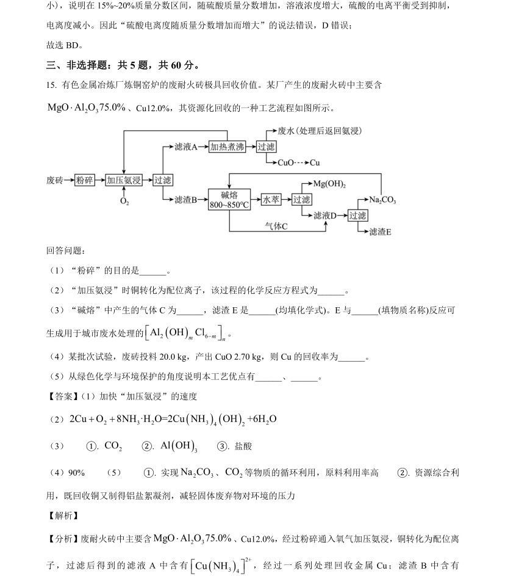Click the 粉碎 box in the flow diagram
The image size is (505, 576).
tap(85, 180)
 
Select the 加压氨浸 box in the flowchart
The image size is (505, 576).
tap(124, 180)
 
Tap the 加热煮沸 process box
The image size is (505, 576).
tap(227, 147)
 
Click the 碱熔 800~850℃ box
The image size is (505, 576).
tap(229, 200)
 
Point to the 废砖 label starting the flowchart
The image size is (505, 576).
tap(55, 180)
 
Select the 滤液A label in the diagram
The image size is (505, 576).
tap(186, 147)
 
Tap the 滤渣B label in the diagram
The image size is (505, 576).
tap(186, 200)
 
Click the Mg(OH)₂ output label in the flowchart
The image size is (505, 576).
tap(329, 184)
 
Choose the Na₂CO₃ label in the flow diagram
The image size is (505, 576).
tap(382, 200)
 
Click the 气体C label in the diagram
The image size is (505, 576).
tap(276, 226)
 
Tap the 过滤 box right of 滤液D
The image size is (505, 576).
tap(357, 216)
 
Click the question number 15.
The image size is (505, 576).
tap(51, 86)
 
